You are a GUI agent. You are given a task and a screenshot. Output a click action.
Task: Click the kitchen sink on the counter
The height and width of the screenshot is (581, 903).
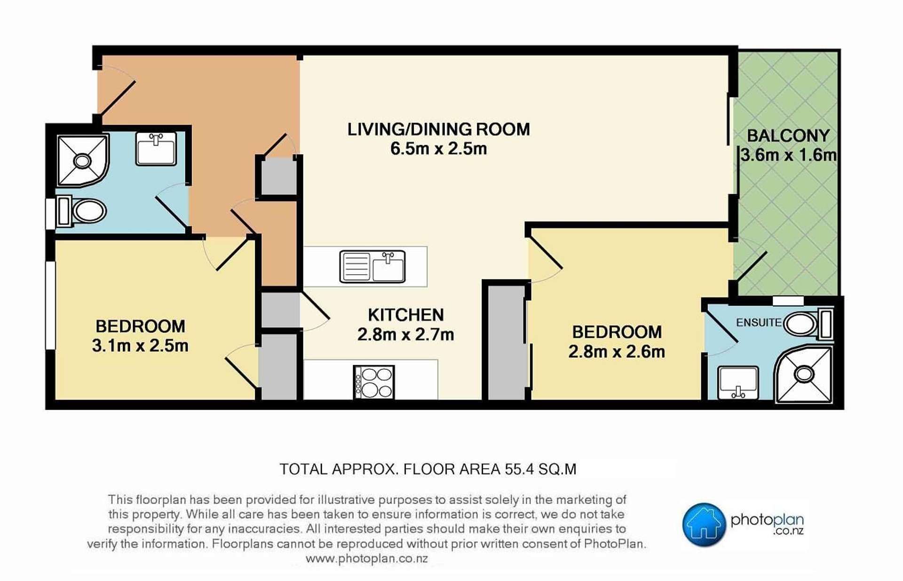(x=372, y=267)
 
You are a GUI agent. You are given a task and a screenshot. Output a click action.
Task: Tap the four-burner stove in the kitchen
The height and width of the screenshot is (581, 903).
(x=374, y=382)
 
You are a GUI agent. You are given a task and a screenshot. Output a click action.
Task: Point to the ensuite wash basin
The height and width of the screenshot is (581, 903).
(x=738, y=382)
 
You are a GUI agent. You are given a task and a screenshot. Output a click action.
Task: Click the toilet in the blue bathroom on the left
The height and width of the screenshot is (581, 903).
(x=81, y=212)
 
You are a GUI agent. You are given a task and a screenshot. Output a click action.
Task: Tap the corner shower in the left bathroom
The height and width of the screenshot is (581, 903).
(x=83, y=160)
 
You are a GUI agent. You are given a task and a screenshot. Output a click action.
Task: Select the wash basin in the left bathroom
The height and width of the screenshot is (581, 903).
(x=156, y=148)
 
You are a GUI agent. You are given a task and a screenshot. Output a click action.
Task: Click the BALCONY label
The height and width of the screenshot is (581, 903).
(x=788, y=135)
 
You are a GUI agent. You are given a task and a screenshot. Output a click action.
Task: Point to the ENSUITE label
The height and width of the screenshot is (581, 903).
(x=759, y=323)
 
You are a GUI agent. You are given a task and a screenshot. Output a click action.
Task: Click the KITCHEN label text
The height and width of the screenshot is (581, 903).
(x=406, y=315)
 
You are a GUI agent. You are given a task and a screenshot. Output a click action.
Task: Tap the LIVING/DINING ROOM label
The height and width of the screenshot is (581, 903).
(x=438, y=129)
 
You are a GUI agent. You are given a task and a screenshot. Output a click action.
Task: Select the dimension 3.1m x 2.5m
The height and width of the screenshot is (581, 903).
(x=140, y=346)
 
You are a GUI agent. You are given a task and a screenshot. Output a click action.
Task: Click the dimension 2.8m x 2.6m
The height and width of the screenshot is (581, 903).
(x=617, y=351)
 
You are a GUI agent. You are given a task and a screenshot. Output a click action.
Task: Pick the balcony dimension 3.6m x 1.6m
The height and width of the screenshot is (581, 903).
(x=789, y=155)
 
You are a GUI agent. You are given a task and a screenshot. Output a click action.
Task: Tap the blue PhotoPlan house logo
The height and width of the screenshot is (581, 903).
(x=704, y=525)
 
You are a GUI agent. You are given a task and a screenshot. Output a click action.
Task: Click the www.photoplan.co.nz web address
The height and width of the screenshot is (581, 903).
(x=367, y=559)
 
